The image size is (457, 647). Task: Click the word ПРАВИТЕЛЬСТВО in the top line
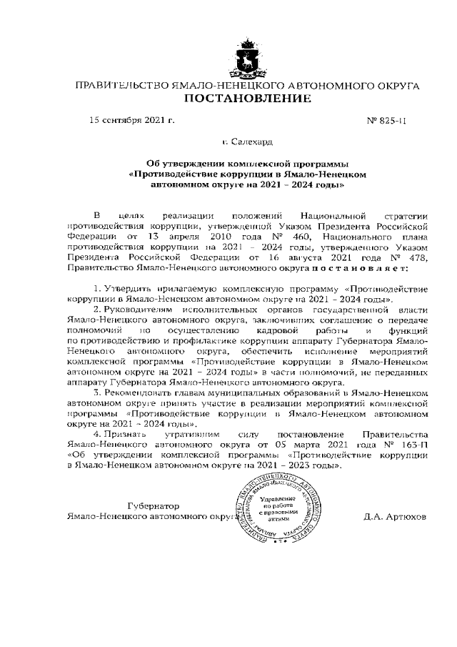119,85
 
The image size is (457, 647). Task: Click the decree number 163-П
416,444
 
